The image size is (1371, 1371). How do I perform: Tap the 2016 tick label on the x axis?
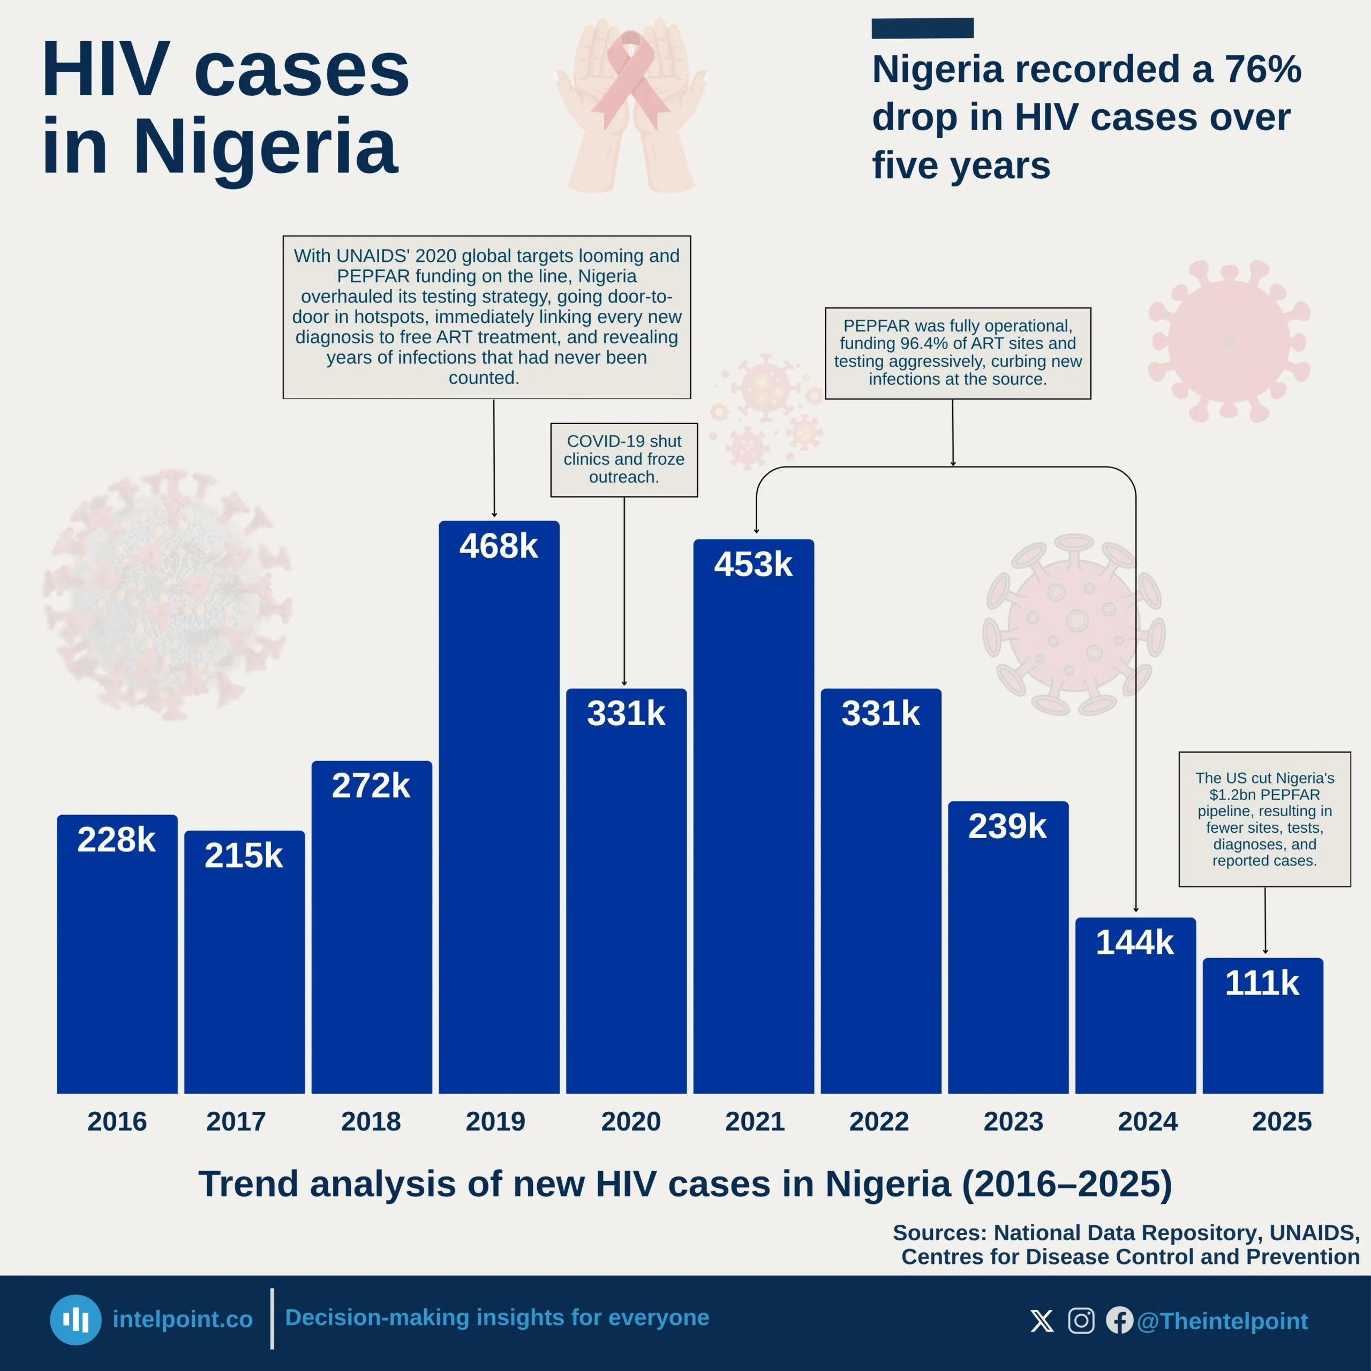(117, 1121)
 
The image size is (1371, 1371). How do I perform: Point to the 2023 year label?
(1013, 1121)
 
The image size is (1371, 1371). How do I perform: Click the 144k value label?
(1135, 943)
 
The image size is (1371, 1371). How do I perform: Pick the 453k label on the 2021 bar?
(753, 564)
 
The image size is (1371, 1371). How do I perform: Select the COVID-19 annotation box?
(624, 460)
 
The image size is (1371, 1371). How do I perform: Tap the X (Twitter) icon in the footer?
(1042, 1321)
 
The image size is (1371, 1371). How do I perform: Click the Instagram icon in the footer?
(1081, 1321)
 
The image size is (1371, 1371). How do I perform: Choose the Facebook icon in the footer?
(1119, 1321)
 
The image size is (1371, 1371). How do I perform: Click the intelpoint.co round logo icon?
(75, 1320)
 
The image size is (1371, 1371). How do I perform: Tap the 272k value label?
(371, 786)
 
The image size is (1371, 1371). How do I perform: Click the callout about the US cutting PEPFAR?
(1264, 819)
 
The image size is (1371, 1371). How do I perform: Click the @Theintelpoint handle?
(1222, 1321)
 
